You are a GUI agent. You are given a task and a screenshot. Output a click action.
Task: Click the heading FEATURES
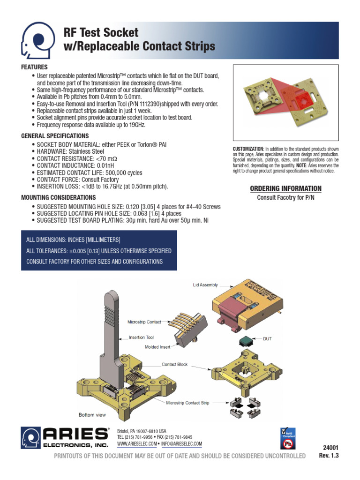coord(34,67)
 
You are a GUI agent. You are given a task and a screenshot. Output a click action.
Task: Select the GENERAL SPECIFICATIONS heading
coord(55,136)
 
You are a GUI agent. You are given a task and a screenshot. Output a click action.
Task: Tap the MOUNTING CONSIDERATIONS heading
coord(59,197)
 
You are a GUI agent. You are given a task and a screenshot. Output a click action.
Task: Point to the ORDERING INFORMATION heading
coord(285,188)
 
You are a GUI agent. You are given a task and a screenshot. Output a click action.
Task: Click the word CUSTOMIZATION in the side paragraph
coord(248,149)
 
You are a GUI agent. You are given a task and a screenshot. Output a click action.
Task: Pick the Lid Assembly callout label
coord(206,285)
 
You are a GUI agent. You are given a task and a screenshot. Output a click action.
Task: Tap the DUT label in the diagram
coord(267,338)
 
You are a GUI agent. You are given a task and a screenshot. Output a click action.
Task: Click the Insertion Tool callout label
coord(141,337)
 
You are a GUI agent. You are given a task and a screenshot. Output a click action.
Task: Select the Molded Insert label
coord(158,347)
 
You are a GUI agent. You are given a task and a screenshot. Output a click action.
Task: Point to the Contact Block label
coord(175,364)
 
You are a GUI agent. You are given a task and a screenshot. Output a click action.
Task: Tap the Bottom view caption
coord(92,415)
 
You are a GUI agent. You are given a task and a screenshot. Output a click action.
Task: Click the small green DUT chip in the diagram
coord(247,340)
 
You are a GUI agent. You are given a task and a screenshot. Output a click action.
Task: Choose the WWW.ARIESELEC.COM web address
coord(136,444)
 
